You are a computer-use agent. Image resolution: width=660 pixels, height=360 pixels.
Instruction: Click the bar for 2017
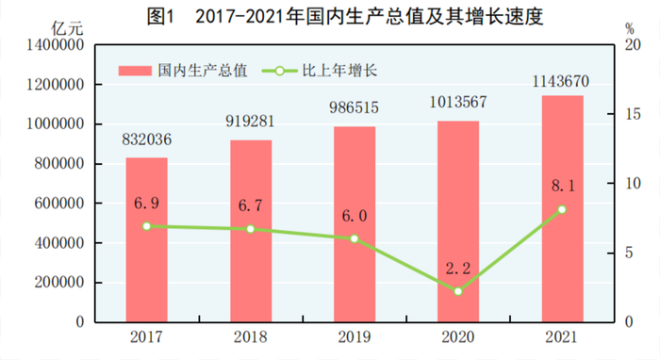[x=146, y=239]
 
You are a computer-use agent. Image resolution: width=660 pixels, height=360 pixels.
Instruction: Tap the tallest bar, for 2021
[x=562, y=208]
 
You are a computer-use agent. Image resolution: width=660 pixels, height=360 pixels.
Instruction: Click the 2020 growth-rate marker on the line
[x=458, y=291]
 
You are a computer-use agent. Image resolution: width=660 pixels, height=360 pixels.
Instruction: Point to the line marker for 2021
[x=562, y=209]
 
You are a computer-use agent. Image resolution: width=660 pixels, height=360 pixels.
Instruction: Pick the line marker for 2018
[x=251, y=229]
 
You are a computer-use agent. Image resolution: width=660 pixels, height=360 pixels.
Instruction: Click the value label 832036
[x=147, y=139]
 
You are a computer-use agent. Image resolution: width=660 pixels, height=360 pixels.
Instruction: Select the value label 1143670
[x=562, y=78]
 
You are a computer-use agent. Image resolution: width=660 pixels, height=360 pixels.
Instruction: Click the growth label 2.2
[x=458, y=270]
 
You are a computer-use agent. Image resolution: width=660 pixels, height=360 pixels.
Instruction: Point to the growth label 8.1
[x=562, y=188]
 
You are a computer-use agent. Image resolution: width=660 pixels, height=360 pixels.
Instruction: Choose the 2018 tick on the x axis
[x=251, y=336]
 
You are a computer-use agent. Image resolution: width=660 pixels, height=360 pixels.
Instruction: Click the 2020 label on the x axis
[x=458, y=336]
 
